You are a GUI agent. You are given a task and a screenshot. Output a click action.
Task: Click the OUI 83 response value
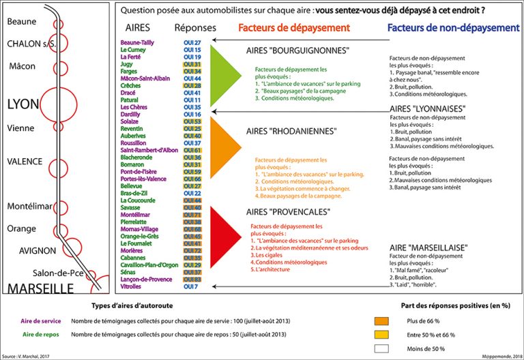point(192,280)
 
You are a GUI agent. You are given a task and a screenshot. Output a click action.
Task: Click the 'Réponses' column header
point(195,28)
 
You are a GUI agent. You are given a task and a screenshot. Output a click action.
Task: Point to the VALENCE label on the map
point(25,162)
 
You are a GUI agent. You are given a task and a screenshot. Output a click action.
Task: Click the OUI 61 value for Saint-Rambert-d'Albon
point(192,150)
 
